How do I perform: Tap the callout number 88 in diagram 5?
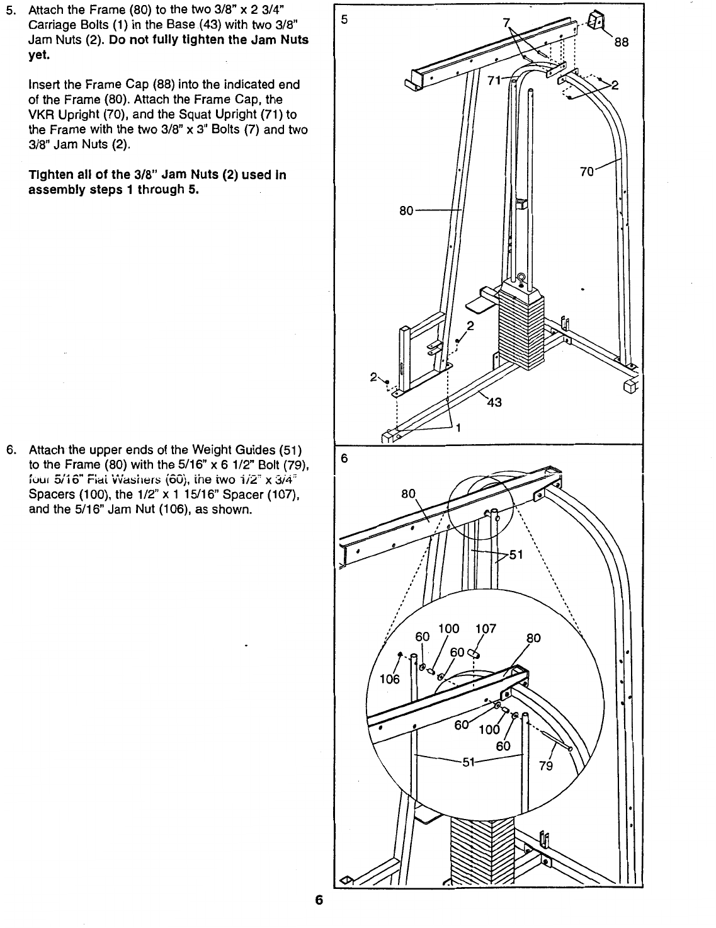(x=621, y=43)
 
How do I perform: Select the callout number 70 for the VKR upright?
(x=586, y=171)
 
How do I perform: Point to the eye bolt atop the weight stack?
(x=521, y=278)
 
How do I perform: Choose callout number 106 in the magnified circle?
(x=390, y=679)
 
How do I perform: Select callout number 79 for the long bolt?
(x=545, y=767)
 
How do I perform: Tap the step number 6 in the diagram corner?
(x=344, y=459)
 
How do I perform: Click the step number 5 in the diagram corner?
(x=344, y=19)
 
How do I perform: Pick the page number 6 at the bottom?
(x=319, y=900)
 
